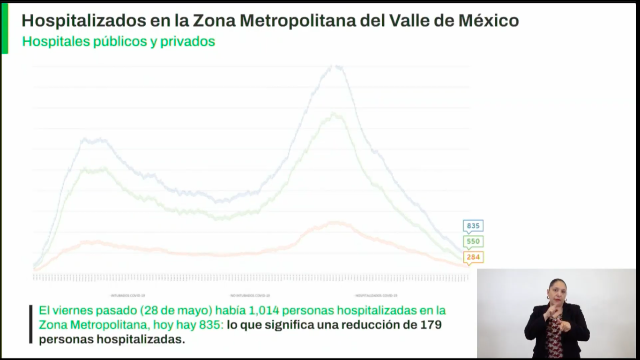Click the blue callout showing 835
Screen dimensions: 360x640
point(473,226)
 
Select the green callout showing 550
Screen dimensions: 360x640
point(473,241)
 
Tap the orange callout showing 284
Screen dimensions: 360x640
point(473,257)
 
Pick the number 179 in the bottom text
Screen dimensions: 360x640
point(431,324)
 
